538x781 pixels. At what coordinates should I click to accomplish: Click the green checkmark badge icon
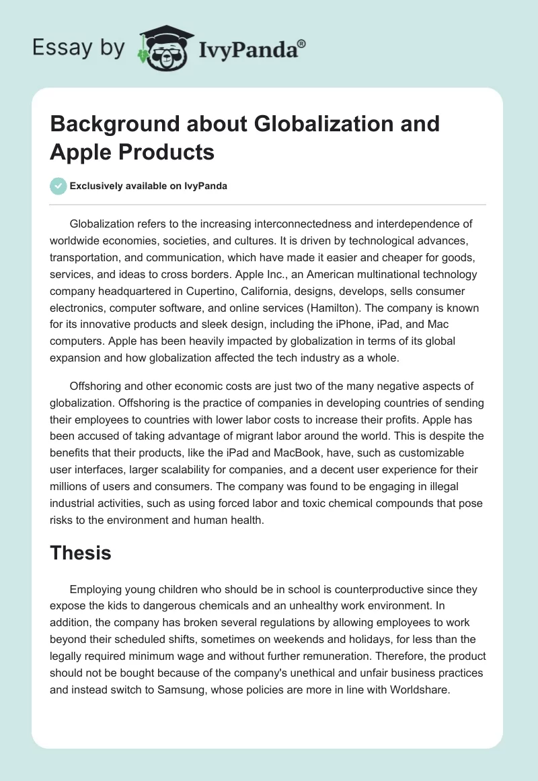point(58,186)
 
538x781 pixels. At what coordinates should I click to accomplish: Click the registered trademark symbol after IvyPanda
point(302,42)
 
